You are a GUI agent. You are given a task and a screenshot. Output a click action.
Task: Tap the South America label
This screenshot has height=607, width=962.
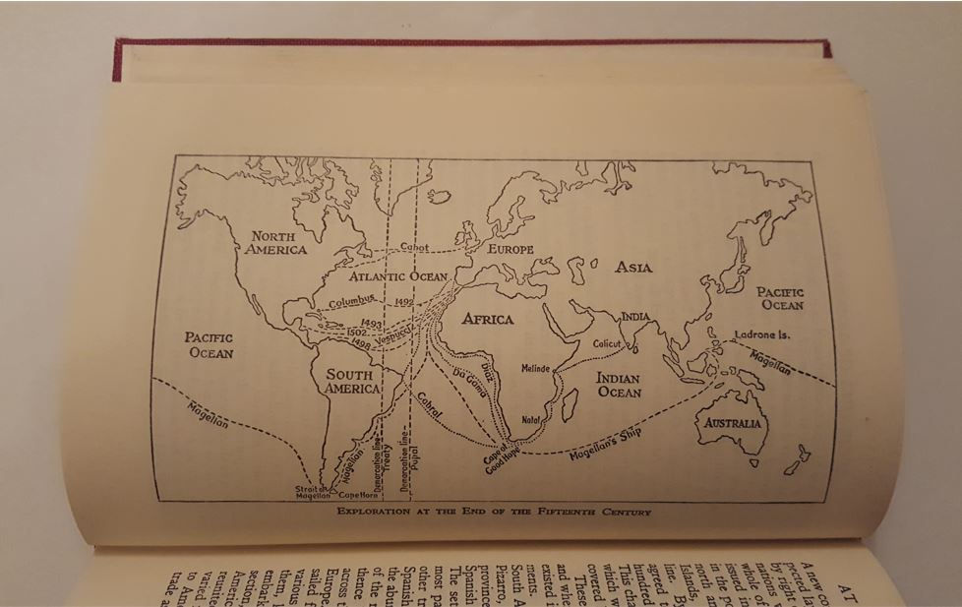pos(352,381)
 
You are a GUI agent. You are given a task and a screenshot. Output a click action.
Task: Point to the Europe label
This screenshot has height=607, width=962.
pos(511,250)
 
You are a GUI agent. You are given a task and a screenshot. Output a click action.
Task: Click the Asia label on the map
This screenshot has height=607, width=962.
pos(633,268)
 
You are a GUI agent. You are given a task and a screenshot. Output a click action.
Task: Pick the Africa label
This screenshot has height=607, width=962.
pos(488,320)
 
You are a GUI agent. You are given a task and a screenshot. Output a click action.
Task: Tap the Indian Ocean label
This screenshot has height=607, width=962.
pos(619,386)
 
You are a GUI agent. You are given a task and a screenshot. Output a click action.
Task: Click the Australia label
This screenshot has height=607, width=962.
pos(729,423)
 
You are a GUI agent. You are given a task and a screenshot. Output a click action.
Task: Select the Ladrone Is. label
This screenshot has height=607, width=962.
pos(762,334)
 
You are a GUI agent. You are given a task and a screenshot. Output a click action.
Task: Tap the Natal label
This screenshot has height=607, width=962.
pos(532,419)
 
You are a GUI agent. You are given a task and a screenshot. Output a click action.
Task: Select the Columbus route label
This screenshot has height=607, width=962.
pos(352,302)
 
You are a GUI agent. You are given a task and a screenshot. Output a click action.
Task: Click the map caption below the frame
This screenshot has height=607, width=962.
pos(494,512)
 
